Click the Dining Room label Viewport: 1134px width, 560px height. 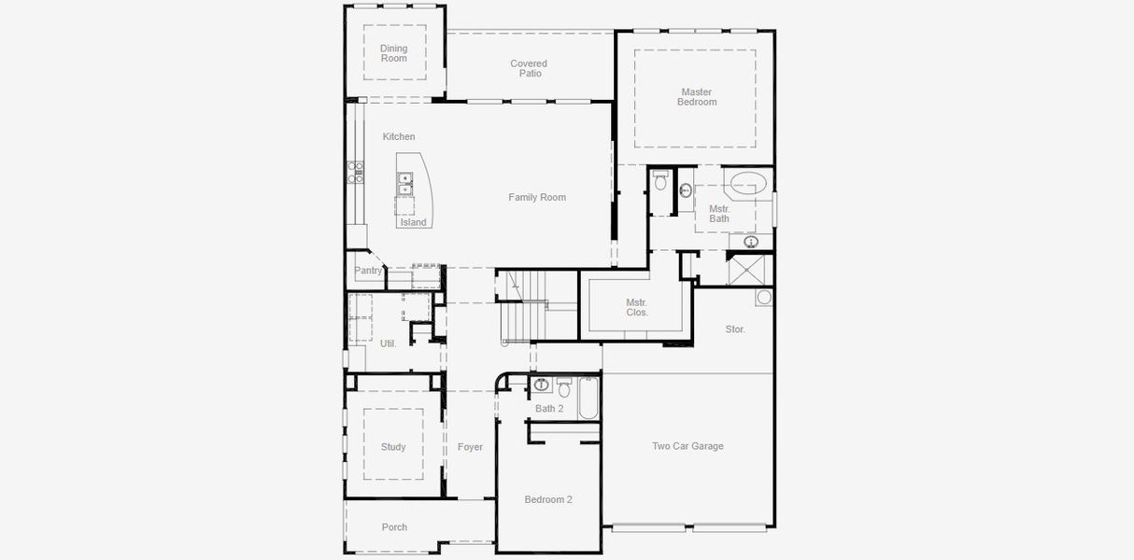coord(393,53)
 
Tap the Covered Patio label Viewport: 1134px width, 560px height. coord(529,68)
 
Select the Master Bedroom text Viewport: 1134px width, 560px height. coord(697,97)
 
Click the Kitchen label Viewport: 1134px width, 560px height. coord(399,136)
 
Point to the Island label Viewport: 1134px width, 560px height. coord(413,222)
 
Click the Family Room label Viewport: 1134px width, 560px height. coord(537,197)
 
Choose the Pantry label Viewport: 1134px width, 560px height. coord(368,271)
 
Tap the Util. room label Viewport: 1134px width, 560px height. coord(388,343)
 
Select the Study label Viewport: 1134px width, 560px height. coord(393,447)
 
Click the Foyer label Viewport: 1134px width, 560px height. coord(470,447)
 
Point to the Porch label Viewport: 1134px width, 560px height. coord(394,527)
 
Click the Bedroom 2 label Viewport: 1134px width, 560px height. coord(548,499)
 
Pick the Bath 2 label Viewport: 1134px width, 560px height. coord(549,409)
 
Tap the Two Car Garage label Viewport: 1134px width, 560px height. coord(687,446)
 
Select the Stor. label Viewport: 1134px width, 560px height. coord(735,329)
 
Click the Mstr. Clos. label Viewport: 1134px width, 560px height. coord(637,307)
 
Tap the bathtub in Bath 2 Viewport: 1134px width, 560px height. coord(588,399)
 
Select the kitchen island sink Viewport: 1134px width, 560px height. coord(405,183)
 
